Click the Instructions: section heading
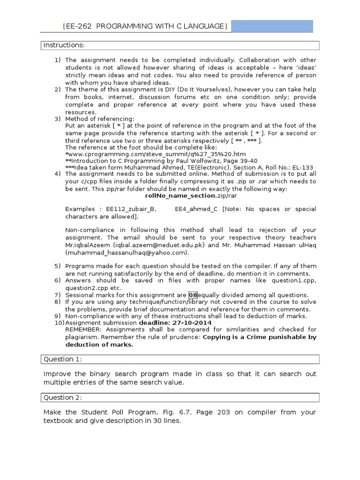click(64, 45)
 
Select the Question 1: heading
click(62, 359)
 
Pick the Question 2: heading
click(62, 397)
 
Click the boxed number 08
click(193, 295)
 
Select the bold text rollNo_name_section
click(180, 195)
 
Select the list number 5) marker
click(58, 266)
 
